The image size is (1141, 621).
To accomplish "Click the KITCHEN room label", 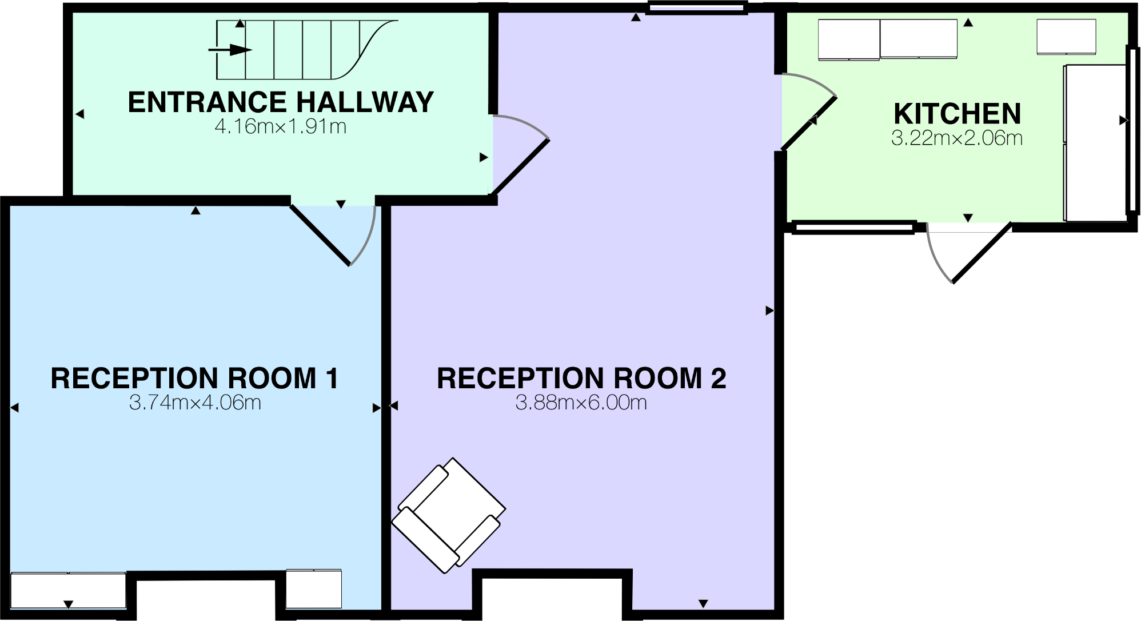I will [956, 113].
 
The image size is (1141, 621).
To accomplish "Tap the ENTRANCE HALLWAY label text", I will [280, 102].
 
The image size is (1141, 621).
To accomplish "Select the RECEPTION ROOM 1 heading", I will [194, 378].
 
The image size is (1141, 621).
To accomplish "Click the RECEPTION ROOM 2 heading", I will [581, 378].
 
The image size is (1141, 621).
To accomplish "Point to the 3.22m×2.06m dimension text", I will [956, 138].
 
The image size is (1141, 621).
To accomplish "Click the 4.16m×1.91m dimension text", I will [280, 126].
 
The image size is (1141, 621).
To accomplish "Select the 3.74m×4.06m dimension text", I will [194, 403].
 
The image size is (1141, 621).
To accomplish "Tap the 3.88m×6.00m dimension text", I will [581, 403].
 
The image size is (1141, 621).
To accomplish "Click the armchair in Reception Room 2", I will [448, 515].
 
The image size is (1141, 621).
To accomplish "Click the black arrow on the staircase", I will [230, 50].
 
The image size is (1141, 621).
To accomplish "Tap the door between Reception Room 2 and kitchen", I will [809, 123].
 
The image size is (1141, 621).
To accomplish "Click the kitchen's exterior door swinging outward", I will [980, 254].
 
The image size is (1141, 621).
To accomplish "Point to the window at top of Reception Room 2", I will [697, 7].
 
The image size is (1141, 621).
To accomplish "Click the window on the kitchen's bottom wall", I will [852, 228].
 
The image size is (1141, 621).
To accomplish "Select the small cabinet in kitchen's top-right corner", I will [1066, 37].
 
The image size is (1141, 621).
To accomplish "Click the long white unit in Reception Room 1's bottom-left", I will [68, 590].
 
